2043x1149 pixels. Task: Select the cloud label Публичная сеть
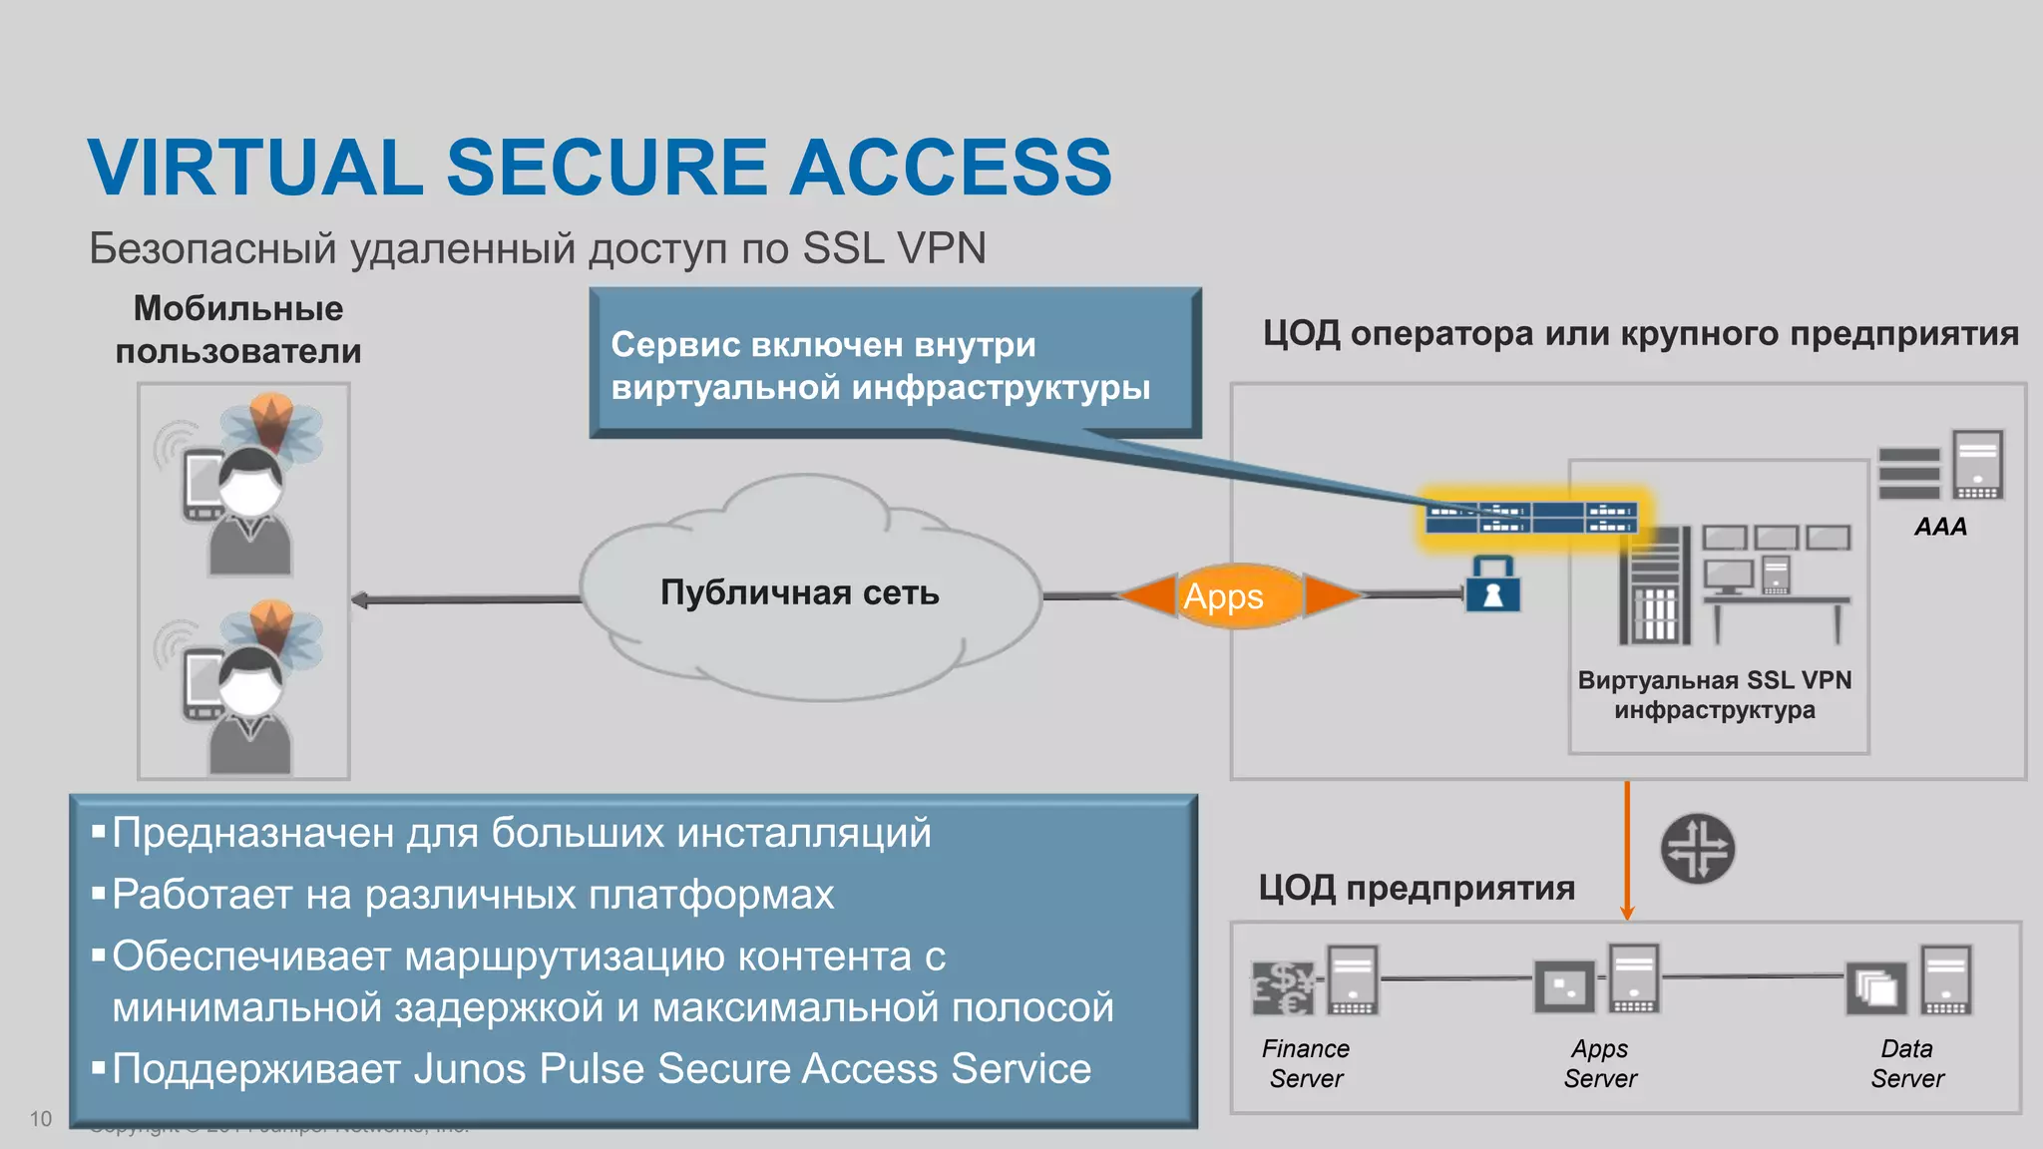tap(799, 592)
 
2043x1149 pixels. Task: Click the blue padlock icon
tap(1492, 587)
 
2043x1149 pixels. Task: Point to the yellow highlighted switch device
tap(1531, 518)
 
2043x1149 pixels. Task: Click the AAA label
tap(1940, 527)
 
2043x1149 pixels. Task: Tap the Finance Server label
tap(1306, 1063)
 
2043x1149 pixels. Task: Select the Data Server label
tap(1907, 1063)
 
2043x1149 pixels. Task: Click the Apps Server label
tap(1600, 1063)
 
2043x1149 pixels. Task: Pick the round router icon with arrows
tap(1697, 849)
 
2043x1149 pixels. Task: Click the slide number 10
tap(41, 1118)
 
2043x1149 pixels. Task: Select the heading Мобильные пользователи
tap(238, 329)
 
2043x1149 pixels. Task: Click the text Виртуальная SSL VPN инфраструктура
tap(1714, 695)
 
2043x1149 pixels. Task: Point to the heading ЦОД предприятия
tap(1416, 888)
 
